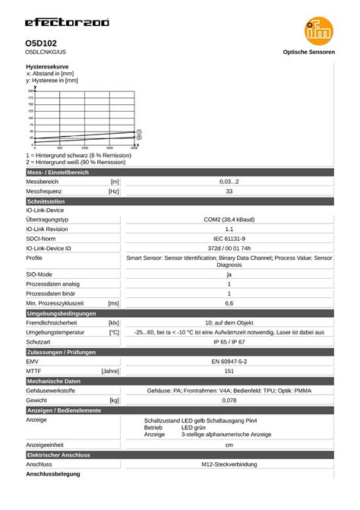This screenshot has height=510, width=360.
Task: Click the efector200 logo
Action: point(67,23)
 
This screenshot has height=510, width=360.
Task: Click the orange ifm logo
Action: point(319,30)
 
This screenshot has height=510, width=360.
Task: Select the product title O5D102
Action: point(42,43)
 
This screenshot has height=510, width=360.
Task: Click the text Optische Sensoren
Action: point(308,52)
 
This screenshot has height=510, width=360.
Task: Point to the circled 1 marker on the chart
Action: point(139,131)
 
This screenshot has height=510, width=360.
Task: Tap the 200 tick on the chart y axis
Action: point(30,91)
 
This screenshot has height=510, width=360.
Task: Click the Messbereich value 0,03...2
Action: point(229,182)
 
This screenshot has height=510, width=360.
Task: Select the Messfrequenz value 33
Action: point(229,192)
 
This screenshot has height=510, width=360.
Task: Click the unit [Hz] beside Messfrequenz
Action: point(113,192)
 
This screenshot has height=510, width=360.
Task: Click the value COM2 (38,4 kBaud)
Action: point(229,219)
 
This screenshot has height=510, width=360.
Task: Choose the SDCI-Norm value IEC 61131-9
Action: point(229,239)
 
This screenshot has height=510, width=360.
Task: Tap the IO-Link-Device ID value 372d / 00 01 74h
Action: point(229,248)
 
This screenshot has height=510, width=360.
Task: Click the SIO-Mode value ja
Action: point(229,274)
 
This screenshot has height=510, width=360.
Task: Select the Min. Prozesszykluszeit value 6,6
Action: point(229,303)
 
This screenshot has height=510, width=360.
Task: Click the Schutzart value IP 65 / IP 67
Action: point(229,342)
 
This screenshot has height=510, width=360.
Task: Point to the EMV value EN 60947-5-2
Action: point(229,362)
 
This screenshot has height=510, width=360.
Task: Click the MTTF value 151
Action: point(229,371)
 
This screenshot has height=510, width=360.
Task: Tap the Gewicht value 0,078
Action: point(229,400)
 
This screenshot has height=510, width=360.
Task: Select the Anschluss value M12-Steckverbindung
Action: point(229,464)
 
